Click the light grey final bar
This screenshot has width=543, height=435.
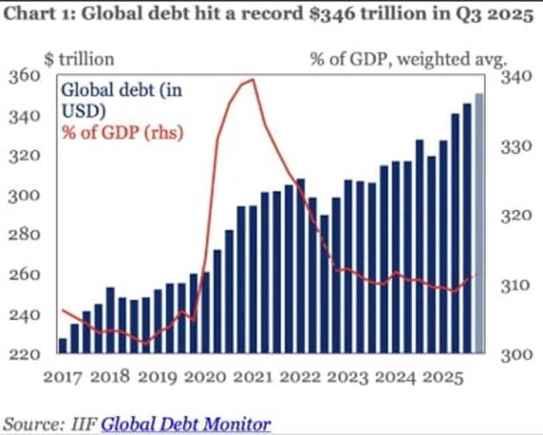479,224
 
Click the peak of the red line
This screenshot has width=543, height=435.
252,80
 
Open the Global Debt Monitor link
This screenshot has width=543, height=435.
186,425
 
